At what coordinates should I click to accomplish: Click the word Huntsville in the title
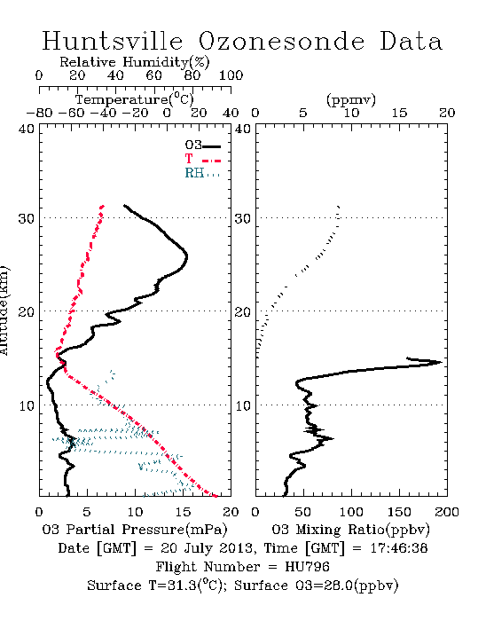(113, 41)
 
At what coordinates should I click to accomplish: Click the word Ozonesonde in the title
(280, 41)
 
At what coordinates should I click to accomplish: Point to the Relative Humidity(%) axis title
(135, 62)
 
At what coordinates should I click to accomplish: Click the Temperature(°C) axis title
(135, 99)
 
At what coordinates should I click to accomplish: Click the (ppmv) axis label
(351, 99)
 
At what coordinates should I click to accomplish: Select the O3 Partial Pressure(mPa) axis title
(135, 530)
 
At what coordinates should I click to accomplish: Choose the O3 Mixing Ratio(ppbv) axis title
(350, 530)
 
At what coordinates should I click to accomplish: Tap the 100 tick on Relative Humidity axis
(231, 75)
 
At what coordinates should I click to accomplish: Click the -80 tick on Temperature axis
(39, 113)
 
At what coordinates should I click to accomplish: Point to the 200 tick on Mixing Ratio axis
(447, 512)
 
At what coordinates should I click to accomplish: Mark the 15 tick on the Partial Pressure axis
(183, 512)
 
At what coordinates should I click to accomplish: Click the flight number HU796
(307, 567)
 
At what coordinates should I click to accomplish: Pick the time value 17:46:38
(398, 548)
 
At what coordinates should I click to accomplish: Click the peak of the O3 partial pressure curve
(186, 256)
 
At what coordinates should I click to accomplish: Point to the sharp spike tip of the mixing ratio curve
(441, 362)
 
